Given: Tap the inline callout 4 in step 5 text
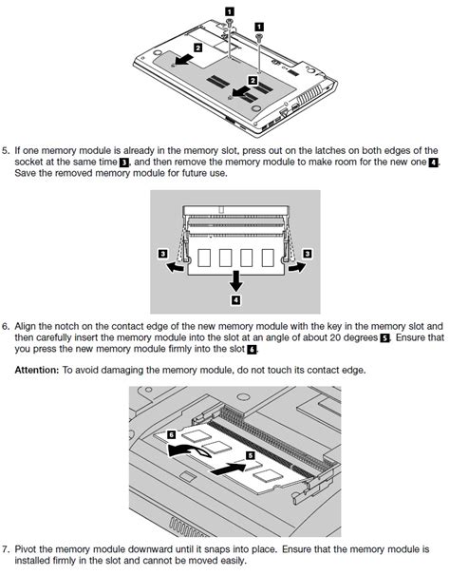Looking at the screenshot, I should (x=434, y=163).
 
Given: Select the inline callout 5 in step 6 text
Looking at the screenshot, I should (x=384, y=337).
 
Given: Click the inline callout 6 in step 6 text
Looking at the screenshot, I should (x=251, y=350).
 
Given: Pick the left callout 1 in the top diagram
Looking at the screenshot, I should (x=229, y=12).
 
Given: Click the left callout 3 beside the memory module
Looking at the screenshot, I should (x=163, y=254).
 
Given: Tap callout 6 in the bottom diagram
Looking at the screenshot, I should (x=171, y=432).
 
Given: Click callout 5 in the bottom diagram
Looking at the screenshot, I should (x=251, y=455).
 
